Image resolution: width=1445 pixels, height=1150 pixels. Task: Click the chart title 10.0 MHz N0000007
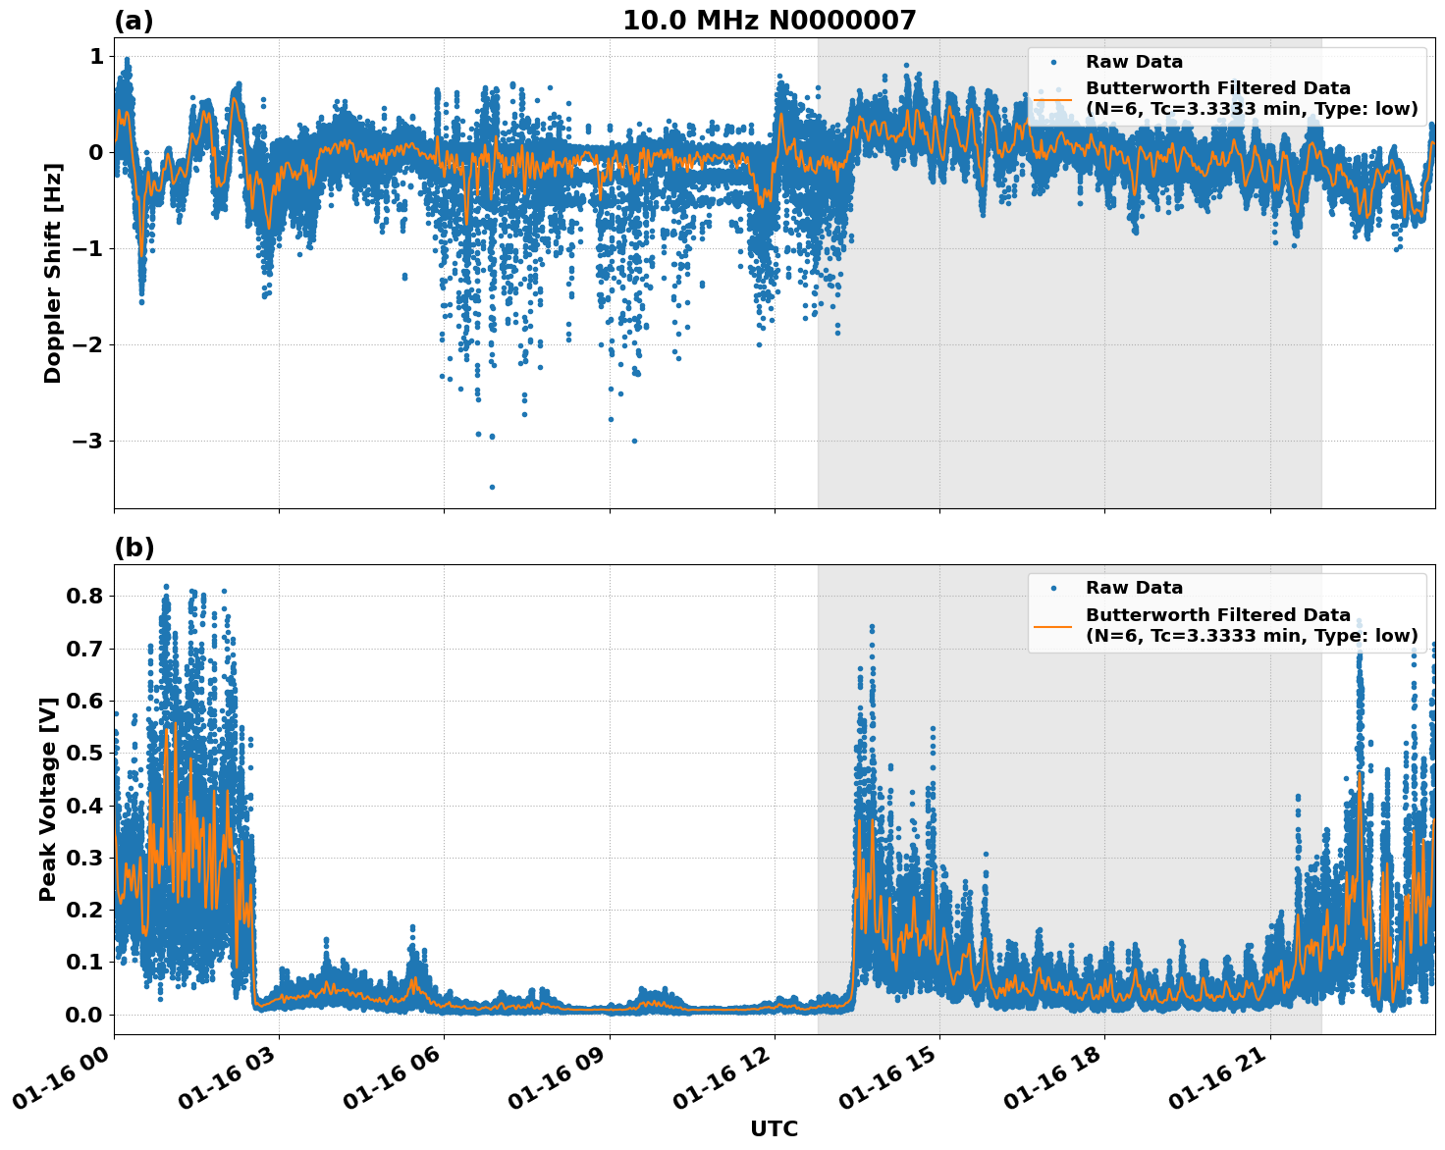(769, 21)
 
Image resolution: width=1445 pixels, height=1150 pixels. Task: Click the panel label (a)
(134, 21)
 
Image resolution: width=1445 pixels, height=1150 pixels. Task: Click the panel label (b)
(134, 548)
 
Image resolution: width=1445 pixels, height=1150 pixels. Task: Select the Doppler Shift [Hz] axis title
(53, 273)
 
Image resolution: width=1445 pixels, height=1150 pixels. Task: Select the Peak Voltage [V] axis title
(48, 799)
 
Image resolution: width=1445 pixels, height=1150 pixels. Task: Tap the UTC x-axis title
(774, 1128)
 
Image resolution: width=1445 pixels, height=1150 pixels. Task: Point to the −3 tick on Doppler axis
(87, 441)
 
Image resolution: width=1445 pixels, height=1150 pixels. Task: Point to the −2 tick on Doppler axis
(87, 344)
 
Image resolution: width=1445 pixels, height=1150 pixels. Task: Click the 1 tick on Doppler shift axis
(96, 57)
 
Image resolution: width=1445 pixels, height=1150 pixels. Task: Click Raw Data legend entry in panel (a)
(1134, 62)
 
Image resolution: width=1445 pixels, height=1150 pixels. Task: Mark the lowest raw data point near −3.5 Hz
(492, 487)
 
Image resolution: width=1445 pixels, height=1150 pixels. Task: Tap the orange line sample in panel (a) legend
(1053, 98)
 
